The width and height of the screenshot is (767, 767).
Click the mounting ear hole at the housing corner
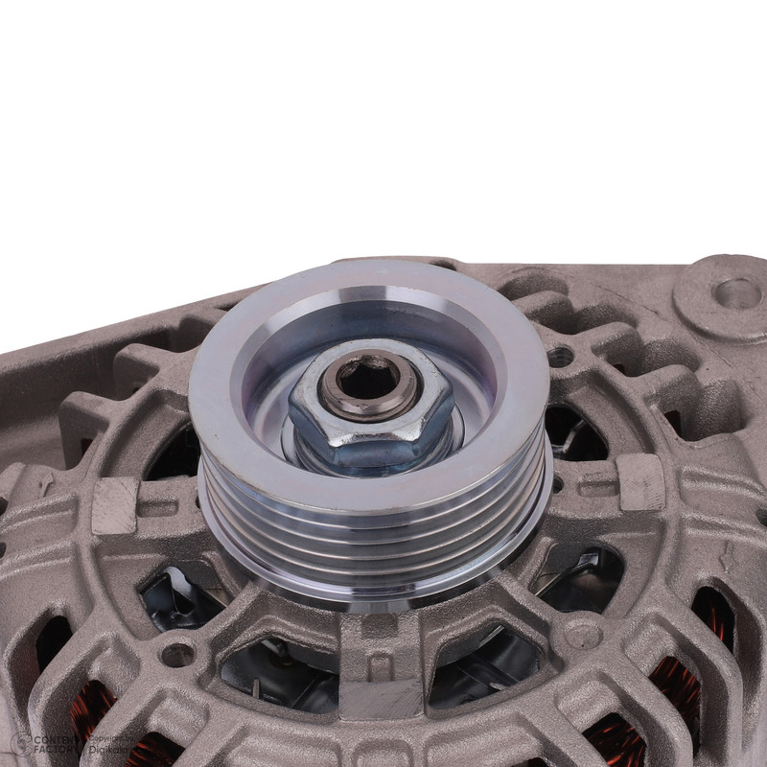[736, 292]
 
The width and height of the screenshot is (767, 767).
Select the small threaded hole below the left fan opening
[176, 655]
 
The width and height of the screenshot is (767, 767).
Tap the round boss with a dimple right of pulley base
[582, 634]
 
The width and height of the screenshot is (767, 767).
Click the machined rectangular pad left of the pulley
[115, 505]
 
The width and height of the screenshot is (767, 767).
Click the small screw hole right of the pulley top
[561, 358]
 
